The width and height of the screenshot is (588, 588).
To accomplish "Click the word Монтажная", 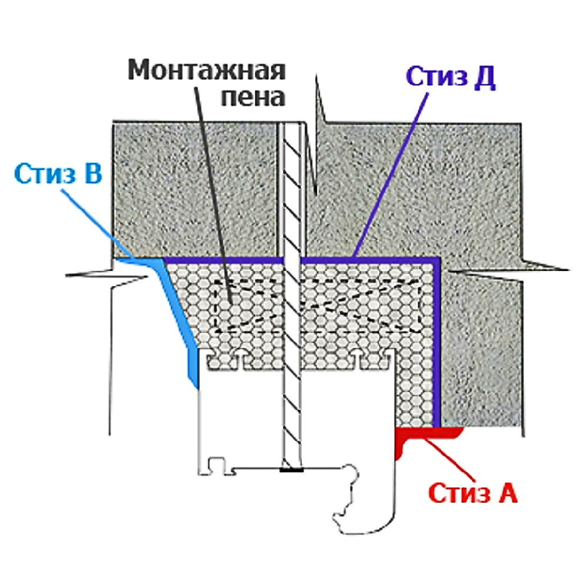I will [x=207, y=71].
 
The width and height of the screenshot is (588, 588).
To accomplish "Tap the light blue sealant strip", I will [x=176, y=318].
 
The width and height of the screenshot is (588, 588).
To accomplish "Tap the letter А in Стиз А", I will [x=507, y=493].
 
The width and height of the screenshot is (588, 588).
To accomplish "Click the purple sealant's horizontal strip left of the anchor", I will [x=223, y=259].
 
